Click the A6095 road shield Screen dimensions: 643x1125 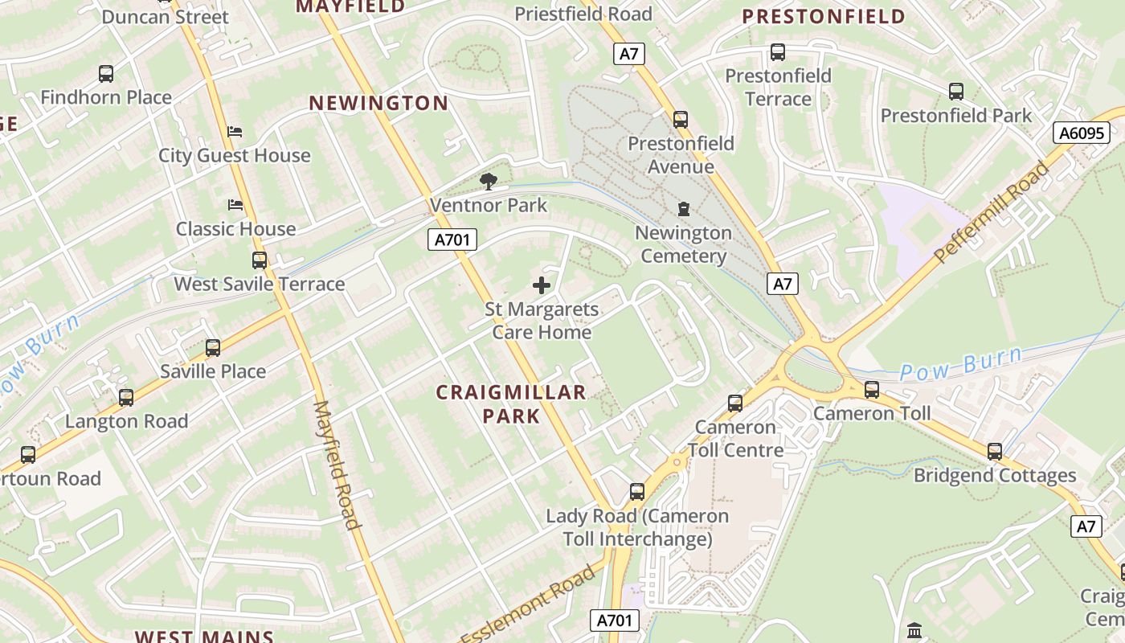pos(1082,133)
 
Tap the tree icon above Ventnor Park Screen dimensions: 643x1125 pos(488,181)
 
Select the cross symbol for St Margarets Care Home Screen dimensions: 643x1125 pos(542,285)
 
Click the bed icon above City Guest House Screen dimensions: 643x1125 pos(235,131)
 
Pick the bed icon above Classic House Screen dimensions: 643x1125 pos(235,205)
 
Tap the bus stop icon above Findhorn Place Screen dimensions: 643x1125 pos(106,74)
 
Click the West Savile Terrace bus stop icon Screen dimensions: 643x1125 pos(260,260)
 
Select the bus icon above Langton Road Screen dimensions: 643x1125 pos(126,398)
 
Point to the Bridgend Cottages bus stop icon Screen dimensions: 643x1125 pos(995,452)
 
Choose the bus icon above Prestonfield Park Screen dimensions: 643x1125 pos(956,92)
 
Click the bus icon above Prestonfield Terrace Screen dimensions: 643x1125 pos(778,52)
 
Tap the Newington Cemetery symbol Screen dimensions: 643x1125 pos(684,209)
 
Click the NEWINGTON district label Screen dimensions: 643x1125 pos(378,103)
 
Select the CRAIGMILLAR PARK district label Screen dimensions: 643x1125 pos(511,403)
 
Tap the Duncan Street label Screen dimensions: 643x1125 pos(165,17)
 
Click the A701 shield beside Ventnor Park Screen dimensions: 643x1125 pos(452,239)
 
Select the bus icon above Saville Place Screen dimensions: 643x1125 pos(213,348)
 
